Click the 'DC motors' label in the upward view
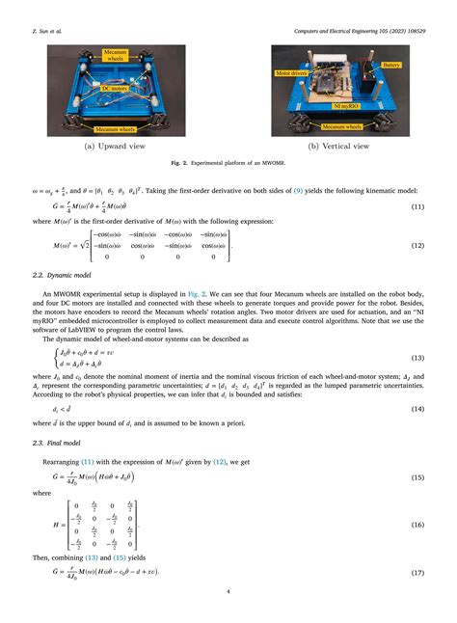(x=114, y=88)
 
